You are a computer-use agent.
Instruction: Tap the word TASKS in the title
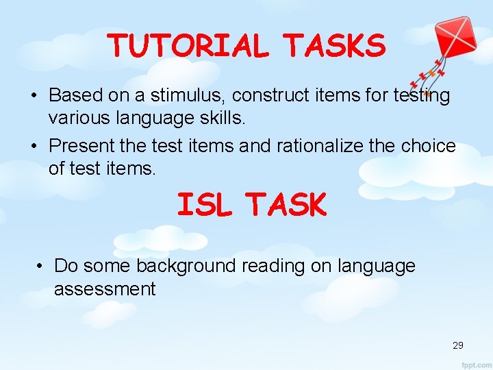click(335, 46)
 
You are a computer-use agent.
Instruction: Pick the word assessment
click(105, 289)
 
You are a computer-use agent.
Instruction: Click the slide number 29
click(457, 345)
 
